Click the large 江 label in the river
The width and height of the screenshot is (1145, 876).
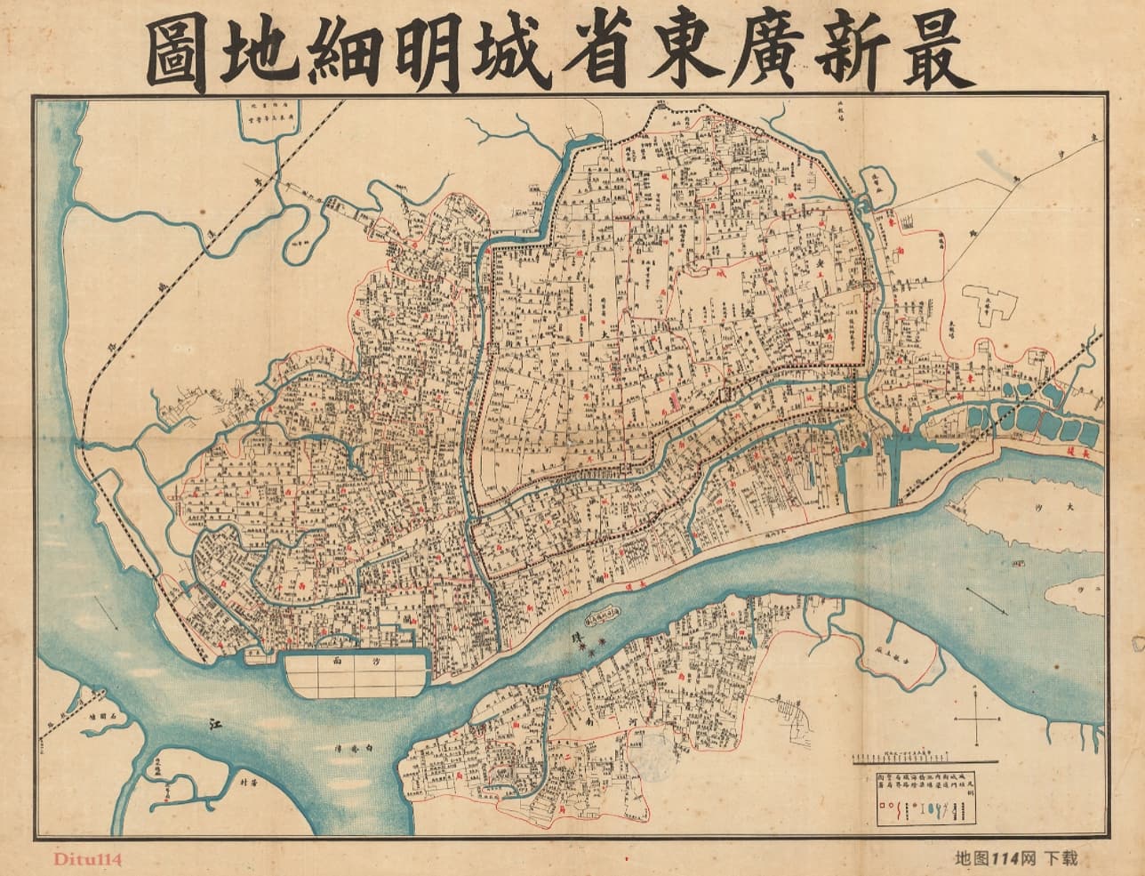point(211,725)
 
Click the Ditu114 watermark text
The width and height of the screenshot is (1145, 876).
point(87,858)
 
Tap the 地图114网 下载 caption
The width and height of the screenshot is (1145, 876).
point(1014,858)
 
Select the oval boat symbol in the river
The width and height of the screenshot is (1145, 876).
point(605,615)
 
